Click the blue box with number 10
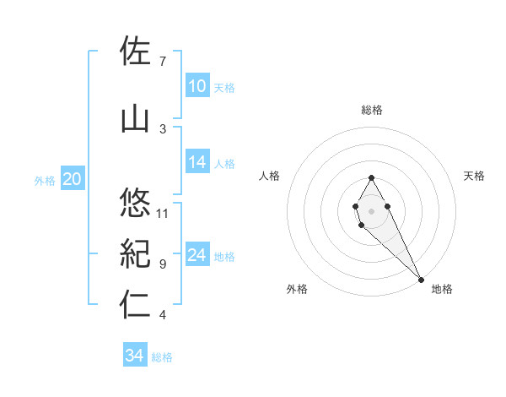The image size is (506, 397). pos(197,86)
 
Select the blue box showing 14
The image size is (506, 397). pos(197,163)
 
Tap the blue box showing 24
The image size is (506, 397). pos(197,255)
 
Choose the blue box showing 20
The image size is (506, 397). pos(73,179)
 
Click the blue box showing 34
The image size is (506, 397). pos(135,356)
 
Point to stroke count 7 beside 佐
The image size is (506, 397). pos(162,62)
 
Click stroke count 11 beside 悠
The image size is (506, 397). pos(163,213)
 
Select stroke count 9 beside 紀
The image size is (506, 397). pos(162,264)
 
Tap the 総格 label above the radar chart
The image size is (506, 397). pos(372,110)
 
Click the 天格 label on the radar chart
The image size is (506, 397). pos(475,176)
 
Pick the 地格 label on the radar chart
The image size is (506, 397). pos(442,290)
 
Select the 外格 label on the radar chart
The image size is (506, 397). pos(297,290)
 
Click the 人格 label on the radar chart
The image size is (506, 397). pos(269,176)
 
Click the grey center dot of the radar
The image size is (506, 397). pos(371,210)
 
